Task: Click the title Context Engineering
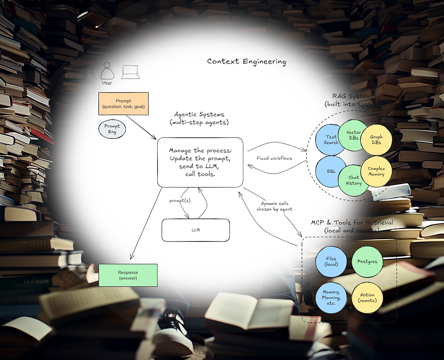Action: pyautogui.click(x=246, y=61)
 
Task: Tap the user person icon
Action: pyautogui.click(x=107, y=71)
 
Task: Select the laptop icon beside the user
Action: pyautogui.click(x=131, y=72)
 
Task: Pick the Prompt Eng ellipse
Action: pyautogui.click(x=112, y=129)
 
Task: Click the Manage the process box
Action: pyautogui.click(x=200, y=162)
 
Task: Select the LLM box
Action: pyautogui.click(x=195, y=230)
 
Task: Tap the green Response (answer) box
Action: pyautogui.click(x=128, y=275)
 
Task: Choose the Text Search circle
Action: pyautogui.click(x=331, y=139)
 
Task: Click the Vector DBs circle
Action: pyautogui.click(x=353, y=135)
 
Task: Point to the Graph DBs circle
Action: pyautogui.click(x=376, y=139)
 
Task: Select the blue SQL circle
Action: pyautogui.click(x=331, y=171)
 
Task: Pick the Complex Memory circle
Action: pyautogui.click(x=376, y=171)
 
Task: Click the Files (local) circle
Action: pyautogui.click(x=331, y=261)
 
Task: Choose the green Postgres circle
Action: pyautogui.click(x=367, y=261)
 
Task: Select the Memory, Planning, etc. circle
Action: pyautogui.click(x=331, y=298)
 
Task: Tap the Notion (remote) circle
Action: pyautogui.click(x=367, y=298)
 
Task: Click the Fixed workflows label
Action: pyautogui.click(x=274, y=158)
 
